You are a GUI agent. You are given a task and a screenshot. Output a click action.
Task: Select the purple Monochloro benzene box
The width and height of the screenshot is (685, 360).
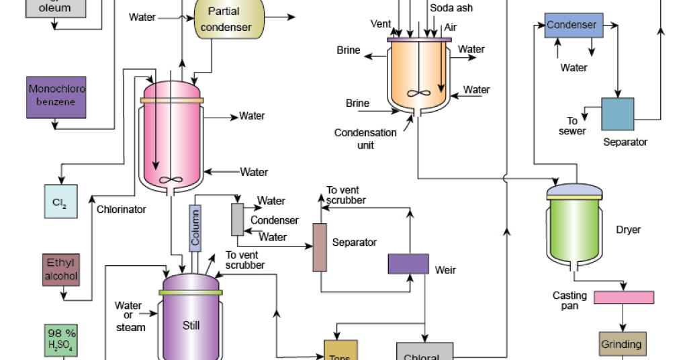57,96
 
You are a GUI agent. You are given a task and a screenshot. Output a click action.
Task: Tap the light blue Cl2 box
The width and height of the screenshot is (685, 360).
60,201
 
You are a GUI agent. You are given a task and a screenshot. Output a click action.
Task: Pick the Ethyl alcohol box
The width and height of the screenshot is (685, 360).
60,269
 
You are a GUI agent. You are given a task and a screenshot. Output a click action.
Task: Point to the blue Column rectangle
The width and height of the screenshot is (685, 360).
195,228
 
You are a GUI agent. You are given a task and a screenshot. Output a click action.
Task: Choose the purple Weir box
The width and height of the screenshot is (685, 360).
408,264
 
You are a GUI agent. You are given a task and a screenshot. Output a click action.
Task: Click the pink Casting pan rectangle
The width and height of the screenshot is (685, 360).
624,297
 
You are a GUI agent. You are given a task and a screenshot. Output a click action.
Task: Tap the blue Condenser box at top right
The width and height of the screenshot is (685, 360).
573,26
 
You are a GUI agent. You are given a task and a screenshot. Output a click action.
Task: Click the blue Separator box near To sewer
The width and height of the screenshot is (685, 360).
617,114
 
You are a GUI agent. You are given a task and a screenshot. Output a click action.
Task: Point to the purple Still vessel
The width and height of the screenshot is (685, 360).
191,322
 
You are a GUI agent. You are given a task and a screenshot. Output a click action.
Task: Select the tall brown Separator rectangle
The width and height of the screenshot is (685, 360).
319,247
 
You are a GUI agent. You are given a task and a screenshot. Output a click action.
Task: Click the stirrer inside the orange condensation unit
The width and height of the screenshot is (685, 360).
418,93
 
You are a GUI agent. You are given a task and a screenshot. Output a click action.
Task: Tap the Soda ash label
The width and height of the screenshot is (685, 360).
452,7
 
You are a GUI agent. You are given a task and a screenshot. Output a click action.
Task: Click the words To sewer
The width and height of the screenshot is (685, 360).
572,126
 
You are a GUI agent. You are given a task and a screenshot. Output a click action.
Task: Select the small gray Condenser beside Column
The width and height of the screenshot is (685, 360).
237,218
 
